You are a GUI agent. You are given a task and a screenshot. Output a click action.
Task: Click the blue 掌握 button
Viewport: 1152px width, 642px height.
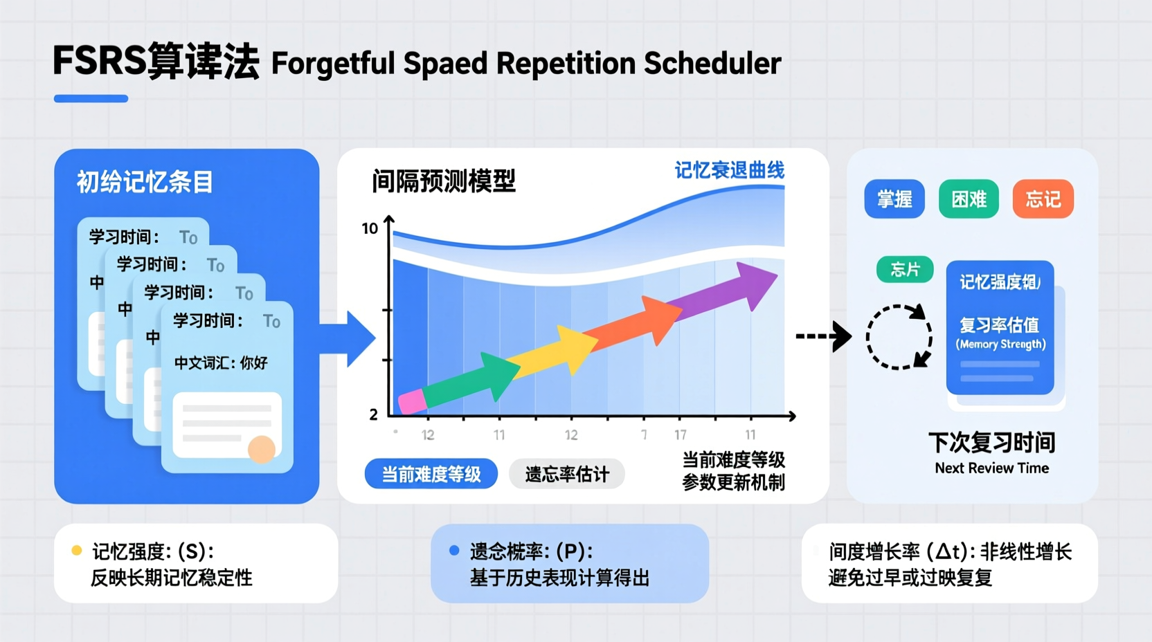point(894,199)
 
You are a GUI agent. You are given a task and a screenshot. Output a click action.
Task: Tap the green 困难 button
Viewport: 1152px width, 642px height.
point(969,199)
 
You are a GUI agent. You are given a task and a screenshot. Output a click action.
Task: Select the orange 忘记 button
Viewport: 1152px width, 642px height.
point(1043,199)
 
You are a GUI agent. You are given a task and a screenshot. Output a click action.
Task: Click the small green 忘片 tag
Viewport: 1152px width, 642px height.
point(904,269)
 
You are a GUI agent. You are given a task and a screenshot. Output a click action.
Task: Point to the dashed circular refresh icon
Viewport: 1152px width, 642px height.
point(899,337)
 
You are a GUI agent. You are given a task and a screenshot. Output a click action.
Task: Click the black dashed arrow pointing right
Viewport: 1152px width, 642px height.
point(823,336)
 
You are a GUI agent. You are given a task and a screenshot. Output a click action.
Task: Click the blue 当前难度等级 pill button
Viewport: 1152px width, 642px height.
point(431,474)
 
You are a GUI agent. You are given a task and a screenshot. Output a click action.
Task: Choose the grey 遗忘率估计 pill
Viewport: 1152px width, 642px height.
point(567,474)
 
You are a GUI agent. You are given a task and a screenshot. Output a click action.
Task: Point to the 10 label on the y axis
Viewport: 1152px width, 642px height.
point(370,228)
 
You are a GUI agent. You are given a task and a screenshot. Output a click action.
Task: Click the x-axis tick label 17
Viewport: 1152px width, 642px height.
point(681,434)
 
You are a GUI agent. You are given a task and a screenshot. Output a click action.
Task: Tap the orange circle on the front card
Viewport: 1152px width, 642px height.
point(262,449)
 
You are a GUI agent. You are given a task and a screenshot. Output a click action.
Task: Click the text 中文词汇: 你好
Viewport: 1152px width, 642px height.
point(220,363)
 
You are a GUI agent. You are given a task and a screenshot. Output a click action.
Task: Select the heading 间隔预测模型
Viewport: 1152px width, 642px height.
point(444,181)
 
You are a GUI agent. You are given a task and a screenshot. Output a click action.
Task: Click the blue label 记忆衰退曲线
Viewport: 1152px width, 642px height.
point(730,170)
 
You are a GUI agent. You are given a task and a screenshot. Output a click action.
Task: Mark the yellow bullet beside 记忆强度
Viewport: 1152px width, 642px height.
point(77,551)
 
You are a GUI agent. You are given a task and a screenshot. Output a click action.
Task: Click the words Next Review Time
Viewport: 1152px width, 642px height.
point(991,468)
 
